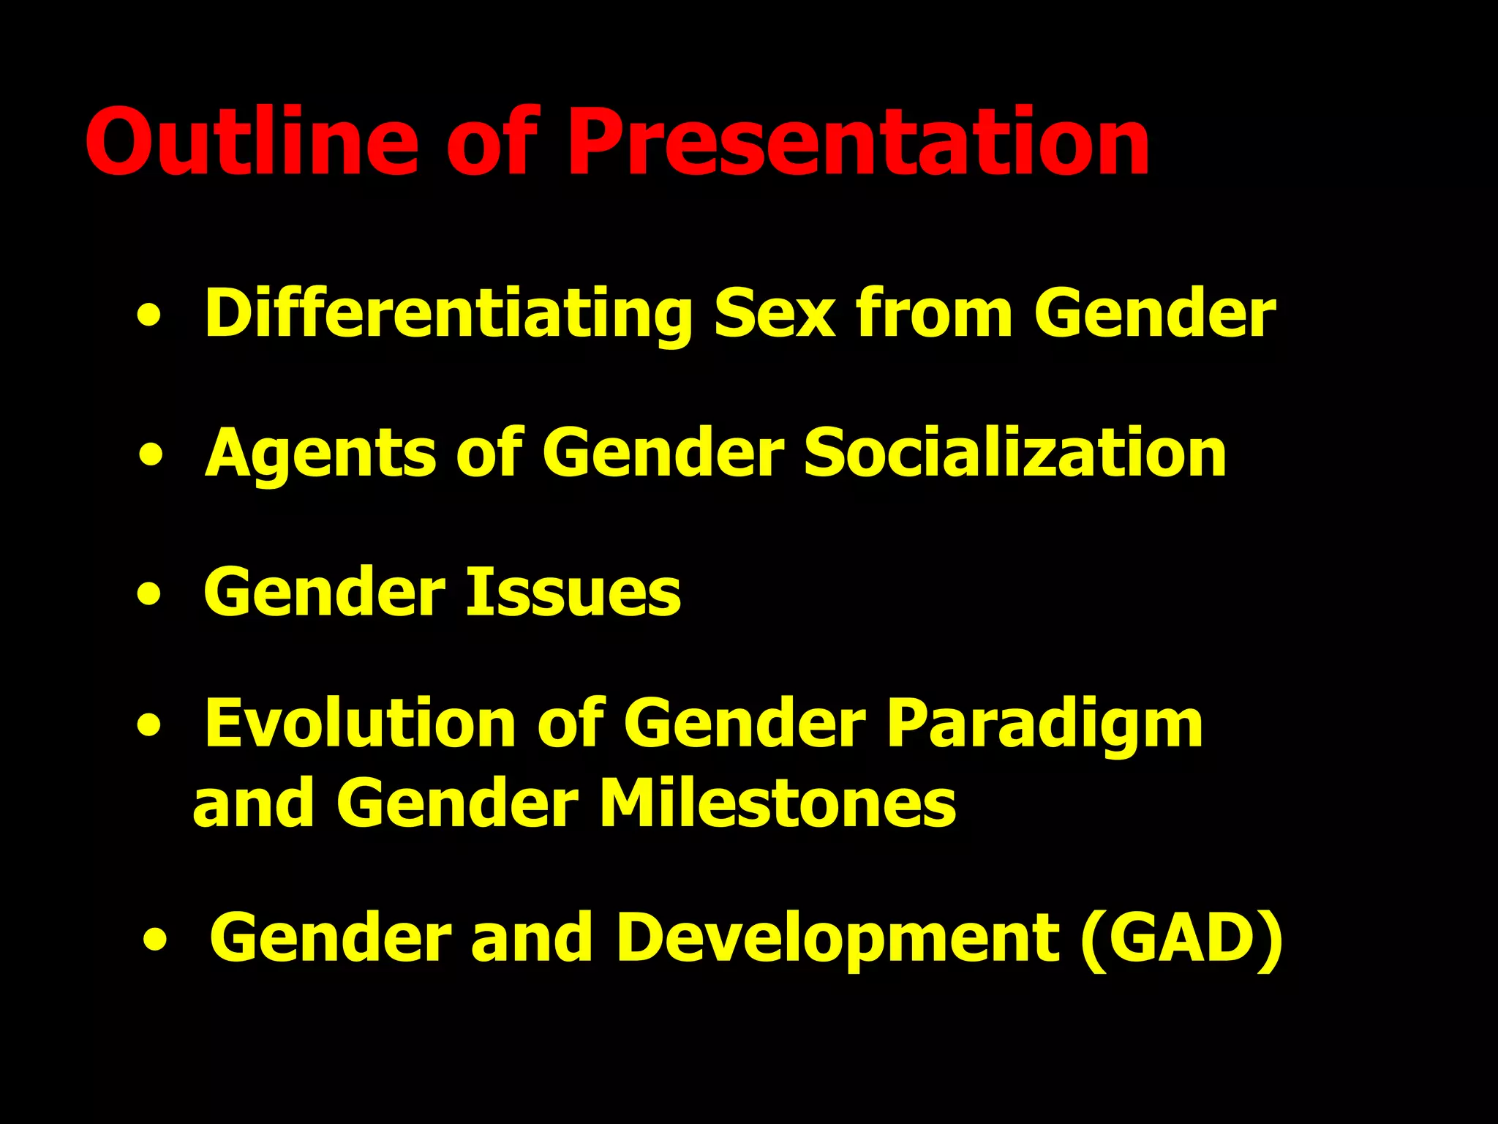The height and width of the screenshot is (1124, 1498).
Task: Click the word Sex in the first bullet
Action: (774, 314)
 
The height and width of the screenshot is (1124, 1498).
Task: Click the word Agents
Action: (320, 453)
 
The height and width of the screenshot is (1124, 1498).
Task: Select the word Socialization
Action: (1015, 453)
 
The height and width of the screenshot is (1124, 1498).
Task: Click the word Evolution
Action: (359, 724)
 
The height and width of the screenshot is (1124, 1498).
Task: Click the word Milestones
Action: (777, 803)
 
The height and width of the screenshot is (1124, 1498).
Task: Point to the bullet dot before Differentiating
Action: (149, 317)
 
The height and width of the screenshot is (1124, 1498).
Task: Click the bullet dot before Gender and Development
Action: (155, 940)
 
